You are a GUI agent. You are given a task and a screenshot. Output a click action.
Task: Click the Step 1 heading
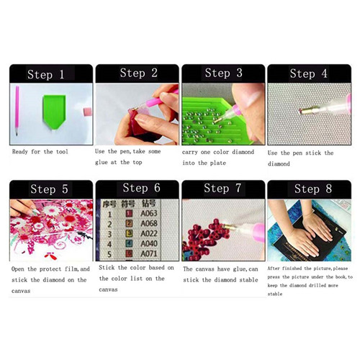[45, 74]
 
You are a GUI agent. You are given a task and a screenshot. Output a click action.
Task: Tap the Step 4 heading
[308, 73]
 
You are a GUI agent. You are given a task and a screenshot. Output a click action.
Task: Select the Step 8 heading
[313, 189]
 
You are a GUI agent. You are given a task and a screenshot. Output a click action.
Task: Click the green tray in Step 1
[54, 112]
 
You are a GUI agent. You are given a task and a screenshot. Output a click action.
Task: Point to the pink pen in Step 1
[17, 111]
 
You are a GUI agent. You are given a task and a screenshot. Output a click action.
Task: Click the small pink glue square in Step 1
[88, 112]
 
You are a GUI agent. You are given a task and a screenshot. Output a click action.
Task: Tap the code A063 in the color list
[149, 213]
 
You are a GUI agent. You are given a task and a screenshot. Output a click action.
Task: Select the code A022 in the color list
[149, 233]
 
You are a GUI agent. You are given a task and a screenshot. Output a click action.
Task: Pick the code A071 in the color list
[149, 253]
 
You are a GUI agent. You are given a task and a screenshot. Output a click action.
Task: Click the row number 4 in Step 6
[109, 244]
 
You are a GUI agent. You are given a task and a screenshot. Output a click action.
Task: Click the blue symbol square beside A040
[130, 243]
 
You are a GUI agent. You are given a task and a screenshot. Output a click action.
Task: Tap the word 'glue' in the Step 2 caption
[101, 163]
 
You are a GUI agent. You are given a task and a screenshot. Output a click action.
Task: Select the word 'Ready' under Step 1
[20, 152]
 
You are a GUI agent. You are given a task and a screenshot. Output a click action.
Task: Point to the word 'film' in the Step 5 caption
[71, 269]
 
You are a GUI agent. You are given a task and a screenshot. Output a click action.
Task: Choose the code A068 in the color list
[149, 223]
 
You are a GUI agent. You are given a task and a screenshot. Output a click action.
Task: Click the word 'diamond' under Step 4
[279, 164]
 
